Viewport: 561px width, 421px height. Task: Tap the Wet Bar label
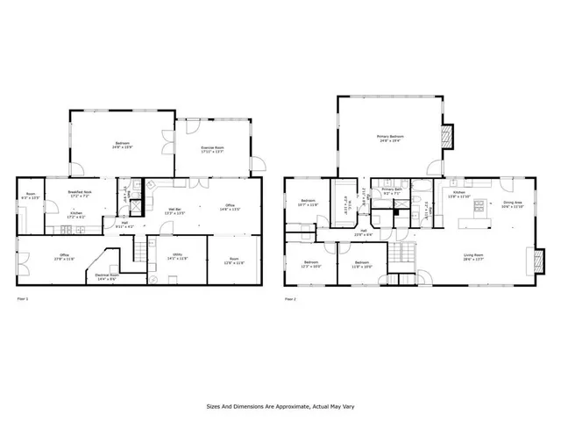[x=174, y=209]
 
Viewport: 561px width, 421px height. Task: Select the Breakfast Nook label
[x=80, y=192]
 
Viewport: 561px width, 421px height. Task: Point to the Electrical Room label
[x=106, y=275]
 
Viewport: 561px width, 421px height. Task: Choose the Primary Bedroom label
[x=390, y=136]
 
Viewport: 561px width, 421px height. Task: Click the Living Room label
[x=474, y=255]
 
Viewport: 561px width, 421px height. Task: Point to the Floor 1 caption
[x=24, y=299]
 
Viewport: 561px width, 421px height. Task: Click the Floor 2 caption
[x=293, y=299]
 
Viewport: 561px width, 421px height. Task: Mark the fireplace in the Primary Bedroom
[x=448, y=135]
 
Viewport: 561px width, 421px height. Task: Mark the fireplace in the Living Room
[x=530, y=260]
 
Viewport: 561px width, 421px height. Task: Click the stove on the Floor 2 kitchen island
[x=479, y=209]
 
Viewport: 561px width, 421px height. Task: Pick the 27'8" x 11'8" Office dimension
[x=65, y=260]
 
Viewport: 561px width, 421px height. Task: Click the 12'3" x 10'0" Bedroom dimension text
[x=311, y=266]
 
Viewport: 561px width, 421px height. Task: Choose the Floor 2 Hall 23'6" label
[x=363, y=233]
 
